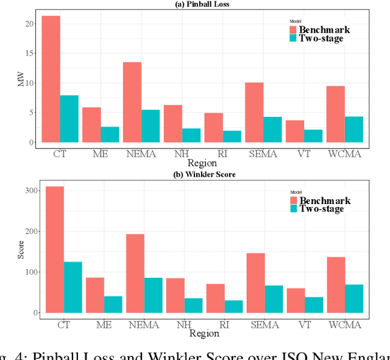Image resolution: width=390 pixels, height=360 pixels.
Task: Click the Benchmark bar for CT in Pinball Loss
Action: [x=51, y=79]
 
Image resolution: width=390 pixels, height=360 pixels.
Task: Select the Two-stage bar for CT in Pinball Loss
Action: [x=69, y=119]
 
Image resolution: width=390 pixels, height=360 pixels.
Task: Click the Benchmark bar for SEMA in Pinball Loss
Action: [x=254, y=113]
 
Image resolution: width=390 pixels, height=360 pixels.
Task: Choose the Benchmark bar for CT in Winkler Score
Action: [x=54, y=250]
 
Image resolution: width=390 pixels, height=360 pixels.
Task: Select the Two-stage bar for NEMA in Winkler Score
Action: [x=154, y=295]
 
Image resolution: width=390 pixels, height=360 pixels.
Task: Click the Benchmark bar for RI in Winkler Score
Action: [x=215, y=298]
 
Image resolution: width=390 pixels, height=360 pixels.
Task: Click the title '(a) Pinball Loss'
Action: [x=203, y=4]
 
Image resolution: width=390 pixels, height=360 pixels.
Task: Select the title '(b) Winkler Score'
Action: [x=203, y=175]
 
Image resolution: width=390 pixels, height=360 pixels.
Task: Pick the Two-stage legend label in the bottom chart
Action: [x=322, y=209]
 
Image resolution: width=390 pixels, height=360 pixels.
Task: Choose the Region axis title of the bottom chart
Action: [x=203, y=333]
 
